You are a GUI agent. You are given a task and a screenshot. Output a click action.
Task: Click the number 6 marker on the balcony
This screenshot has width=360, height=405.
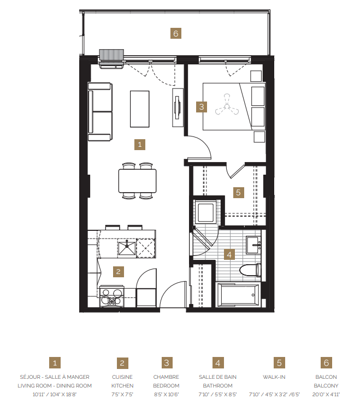coord(175,34)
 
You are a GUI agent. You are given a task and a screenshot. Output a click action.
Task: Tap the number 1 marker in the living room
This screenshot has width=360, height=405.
coord(140,145)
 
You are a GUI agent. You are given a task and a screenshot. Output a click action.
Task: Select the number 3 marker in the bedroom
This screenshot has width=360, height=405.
coord(202,107)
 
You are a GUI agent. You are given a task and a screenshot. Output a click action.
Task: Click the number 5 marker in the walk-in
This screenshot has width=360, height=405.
coord(238,192)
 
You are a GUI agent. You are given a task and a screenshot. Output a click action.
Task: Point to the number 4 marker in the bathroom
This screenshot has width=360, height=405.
coord(230,254)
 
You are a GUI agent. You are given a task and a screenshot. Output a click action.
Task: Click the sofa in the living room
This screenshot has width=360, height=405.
coord(100,111)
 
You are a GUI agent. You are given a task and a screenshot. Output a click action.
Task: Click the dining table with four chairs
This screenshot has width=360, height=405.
coord(137,181)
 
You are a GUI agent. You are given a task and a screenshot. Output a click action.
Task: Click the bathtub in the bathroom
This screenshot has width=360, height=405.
coord(238,295)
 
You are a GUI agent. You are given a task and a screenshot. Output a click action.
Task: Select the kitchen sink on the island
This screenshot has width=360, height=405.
coord(127,248)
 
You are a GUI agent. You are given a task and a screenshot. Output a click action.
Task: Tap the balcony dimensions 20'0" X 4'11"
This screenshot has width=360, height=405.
coord(327,394)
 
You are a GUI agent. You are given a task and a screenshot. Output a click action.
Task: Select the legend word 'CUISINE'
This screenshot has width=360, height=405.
coord(122,377)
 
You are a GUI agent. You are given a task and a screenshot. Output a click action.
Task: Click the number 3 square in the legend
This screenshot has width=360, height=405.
coord(166,363)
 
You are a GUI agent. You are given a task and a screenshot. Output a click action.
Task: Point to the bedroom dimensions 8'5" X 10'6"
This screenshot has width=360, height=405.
coord(166,394)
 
